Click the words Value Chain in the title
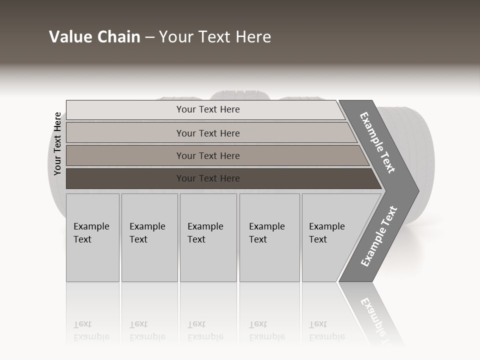[x=94, y=36]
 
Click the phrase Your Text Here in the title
[x=215, y=36]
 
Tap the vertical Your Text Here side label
[x=57, y=143]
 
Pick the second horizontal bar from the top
[x=208, y=133]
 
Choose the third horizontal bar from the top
[x=208, y=155]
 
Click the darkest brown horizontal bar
[x=208, y=178]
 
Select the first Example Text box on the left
[x=92, y=237]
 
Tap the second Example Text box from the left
[x=149, y=237]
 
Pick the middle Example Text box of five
[x=208, y=237]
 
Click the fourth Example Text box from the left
[x=269, y=237]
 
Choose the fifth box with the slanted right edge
[x=330, y=237]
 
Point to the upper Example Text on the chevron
[x=377, y=142]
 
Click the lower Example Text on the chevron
[x=379, y=236]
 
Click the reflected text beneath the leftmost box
[x=91, y=330]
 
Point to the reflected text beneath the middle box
[x=205, y=330]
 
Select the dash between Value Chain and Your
[x=149, y=37]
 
